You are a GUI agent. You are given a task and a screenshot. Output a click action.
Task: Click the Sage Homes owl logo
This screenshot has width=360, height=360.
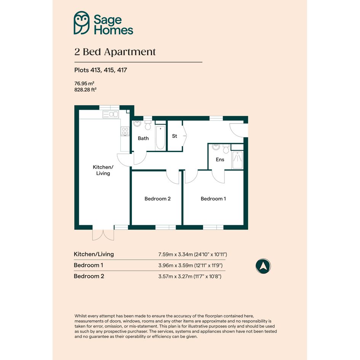click(82, 23)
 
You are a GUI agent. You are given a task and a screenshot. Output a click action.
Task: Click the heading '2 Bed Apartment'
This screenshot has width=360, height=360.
click(115, 52)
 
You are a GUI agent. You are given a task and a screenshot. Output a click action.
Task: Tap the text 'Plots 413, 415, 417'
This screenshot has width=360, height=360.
click(101, 70)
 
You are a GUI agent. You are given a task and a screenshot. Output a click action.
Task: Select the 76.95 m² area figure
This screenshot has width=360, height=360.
click(84, 83)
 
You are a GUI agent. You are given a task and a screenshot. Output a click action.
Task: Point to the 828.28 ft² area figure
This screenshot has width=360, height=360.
click(85, 90)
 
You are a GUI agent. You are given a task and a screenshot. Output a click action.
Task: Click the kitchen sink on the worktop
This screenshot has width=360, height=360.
click(110, 114)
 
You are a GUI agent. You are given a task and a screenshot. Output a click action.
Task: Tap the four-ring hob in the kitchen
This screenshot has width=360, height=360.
click(125, 131)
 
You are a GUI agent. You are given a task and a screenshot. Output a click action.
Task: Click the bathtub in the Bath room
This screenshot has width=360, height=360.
click(160, 138)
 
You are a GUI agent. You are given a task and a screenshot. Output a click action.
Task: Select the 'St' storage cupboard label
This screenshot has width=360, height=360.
click(174, 136)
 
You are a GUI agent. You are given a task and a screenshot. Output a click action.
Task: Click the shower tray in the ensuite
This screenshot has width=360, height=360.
click(237, 160)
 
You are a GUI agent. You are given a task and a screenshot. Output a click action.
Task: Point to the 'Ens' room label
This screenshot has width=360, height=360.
click(220, 160)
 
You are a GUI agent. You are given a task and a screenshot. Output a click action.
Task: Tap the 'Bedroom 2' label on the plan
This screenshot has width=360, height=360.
click(157, 199)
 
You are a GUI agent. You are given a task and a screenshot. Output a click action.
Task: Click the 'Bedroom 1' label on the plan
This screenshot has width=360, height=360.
click(213, 199)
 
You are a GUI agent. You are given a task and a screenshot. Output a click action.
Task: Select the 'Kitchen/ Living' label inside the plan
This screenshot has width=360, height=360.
click(103, 170)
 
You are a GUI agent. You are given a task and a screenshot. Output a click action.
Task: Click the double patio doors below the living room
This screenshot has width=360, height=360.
click(103, 235)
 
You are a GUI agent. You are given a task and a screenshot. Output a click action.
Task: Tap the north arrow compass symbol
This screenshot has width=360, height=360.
click(263, 266)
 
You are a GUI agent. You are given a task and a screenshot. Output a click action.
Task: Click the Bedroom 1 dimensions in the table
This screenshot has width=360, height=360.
click(190, 266)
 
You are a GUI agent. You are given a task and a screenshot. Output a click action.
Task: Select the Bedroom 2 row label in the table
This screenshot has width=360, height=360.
click(89, 276)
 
